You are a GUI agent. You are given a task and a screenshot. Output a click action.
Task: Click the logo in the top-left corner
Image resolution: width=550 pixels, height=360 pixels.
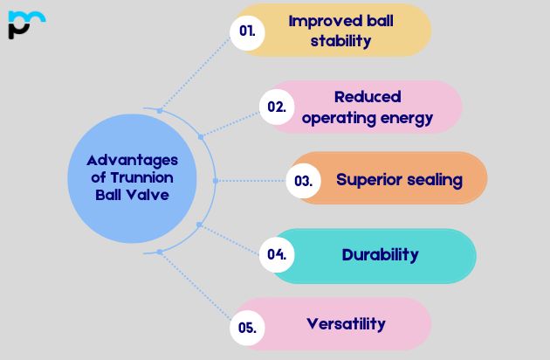coord(25,24)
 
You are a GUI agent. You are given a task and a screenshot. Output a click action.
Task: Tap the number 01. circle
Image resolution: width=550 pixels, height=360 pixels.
coord(247,31)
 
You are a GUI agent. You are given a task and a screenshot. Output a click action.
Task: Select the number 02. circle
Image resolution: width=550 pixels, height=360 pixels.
coord(277,107)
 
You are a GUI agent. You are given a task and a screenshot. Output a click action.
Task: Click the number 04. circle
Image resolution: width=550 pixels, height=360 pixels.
coord(277,255)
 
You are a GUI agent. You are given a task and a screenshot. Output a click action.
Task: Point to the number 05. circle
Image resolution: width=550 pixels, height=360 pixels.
coord(247,328)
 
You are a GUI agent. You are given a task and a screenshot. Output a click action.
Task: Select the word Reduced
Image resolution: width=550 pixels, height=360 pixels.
coord(368,96)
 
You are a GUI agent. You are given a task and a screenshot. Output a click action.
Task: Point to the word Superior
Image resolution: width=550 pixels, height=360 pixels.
coord(368,180)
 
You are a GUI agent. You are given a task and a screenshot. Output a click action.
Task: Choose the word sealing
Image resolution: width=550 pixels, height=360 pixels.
coord(431,180)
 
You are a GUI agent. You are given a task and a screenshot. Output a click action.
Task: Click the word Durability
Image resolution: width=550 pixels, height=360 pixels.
coord(380,255)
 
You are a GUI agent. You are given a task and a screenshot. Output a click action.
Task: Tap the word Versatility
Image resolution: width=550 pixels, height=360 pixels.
coord(346,324)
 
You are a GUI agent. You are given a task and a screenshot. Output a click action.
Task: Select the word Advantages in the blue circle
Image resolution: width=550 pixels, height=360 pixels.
coord(132,160)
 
